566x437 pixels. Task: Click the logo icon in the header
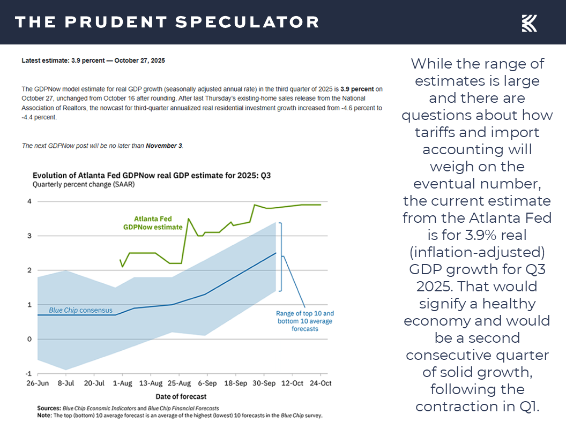click(x=530, y=23)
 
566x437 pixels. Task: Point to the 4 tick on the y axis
click(x=29, y=201)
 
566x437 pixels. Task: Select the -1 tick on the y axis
click(x=28, y=373)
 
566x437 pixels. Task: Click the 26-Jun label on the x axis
click(x=38, y=383)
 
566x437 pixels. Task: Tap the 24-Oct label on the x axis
click(x=320, y=383)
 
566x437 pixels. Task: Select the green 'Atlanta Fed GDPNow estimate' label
click(x=151, y=223)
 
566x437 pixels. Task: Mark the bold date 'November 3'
click(x=164, y=146)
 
